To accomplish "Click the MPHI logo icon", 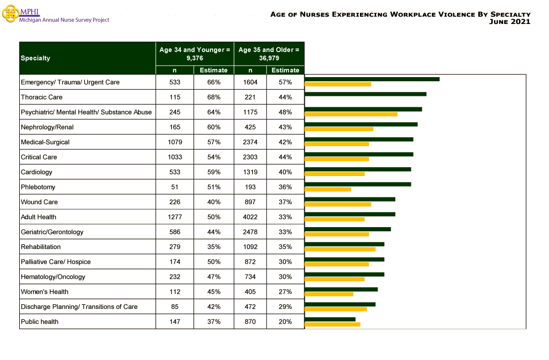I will click(x=10, y=14).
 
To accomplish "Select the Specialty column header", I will click(x=35, y=58).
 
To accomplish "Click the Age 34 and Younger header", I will click(x=195, y=54).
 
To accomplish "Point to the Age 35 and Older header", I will click(x=269, y=54).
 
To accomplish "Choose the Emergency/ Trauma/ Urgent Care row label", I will click(x=70, y=82).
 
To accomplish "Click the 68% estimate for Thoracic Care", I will click(x=214, y=97).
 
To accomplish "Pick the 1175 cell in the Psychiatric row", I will click(x=250, y=112).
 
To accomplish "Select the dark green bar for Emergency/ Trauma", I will click(x=372, y=79).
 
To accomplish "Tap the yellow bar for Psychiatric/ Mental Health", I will click(x=351, y=114).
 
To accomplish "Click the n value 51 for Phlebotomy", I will click(x=174, y=187).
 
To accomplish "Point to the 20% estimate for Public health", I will click(x=285, y=322).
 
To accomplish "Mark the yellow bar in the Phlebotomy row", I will click(x=328, y=189).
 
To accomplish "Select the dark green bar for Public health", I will click(x=330, y=319).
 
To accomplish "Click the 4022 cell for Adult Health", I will click(x=250, y=217).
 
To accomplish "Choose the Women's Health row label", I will click(x=44, y=292).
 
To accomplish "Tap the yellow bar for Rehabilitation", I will click(x=340, y=249).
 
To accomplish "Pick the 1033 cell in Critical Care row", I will click(x=174, y=157).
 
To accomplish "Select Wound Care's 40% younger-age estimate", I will click(x=214, y=202).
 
